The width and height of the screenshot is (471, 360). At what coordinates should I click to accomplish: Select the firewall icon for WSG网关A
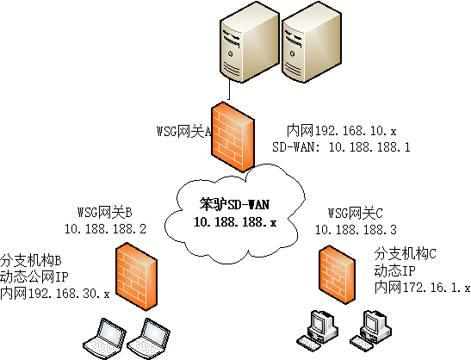click(x=234, y=137)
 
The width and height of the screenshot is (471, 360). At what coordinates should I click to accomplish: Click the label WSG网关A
click(x=179, y=131)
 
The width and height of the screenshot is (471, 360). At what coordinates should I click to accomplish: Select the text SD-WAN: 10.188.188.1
click(x=341, y=147)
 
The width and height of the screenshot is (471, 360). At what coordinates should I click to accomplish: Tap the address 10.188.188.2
click(x=106, y=229)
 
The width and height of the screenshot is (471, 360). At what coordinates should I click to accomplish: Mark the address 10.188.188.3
click(x=356, y=229)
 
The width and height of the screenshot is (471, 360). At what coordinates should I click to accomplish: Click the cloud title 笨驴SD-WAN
click(x=235, y=206)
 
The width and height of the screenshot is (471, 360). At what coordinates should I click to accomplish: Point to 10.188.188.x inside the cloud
click(x=235, y=222)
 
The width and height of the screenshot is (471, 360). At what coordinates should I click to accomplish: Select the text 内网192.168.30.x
click(x=55, y=293)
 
